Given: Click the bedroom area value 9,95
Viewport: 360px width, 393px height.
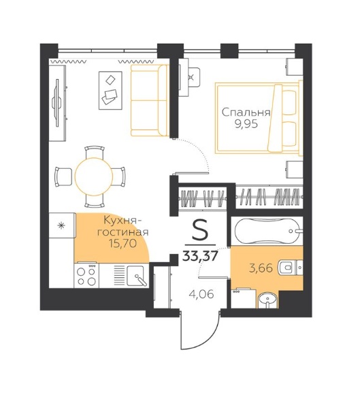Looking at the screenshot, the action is coord(246,124).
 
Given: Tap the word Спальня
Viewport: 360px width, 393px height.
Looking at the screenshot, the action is coord(246,113).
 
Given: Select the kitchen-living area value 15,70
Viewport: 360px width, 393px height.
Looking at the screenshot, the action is coord(122,243).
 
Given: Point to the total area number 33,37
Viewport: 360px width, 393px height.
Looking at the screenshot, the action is coord(200,256).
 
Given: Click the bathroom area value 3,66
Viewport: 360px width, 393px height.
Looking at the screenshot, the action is coord(261,268).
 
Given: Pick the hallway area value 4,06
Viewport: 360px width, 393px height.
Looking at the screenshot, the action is coord(201,294).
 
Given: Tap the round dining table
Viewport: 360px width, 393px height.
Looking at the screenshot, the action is coord(94,176).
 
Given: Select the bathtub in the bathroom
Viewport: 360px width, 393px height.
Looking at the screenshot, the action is coord(267,231).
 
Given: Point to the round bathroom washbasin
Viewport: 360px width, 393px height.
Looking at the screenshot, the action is coord(267,300).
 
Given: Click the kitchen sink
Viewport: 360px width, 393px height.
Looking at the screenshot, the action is coord(136,276).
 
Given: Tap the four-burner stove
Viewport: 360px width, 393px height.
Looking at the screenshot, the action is coord(86,276).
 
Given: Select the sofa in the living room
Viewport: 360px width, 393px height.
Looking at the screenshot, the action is coord(150,100).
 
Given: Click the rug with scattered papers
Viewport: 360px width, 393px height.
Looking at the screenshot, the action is coord(110,91).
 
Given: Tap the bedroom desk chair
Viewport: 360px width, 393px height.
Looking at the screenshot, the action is coord(194,77).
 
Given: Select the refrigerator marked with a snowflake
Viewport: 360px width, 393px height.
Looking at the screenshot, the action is coord(62,225).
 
